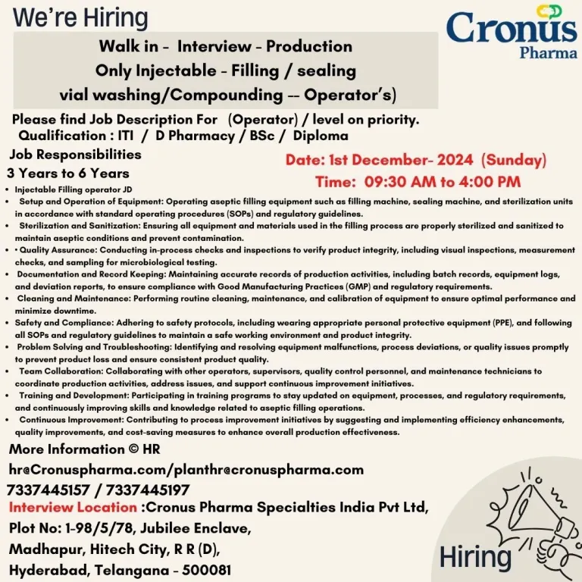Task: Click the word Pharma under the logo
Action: [548, 54]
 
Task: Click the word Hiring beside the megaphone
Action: [475, 557]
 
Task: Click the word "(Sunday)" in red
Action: [514, 161]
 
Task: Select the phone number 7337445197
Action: [149, 490]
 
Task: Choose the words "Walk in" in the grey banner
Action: [128, 46]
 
